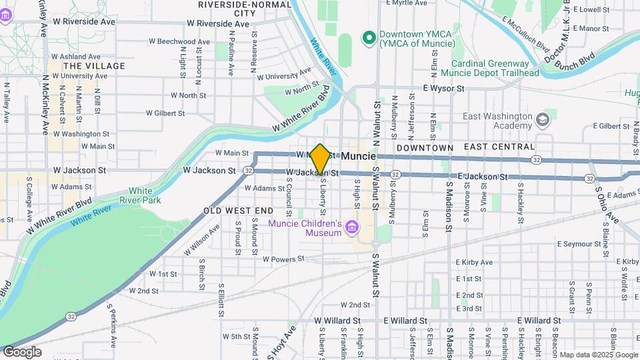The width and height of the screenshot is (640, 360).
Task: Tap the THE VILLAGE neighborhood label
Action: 93,66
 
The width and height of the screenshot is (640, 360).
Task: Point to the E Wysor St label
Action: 443,87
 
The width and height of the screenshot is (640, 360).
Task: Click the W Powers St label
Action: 283,259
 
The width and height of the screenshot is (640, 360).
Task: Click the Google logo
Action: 21,352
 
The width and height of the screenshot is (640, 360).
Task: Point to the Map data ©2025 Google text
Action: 598,355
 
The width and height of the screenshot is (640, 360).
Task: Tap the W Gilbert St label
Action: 154,113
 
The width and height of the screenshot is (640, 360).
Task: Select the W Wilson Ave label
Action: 201,239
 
